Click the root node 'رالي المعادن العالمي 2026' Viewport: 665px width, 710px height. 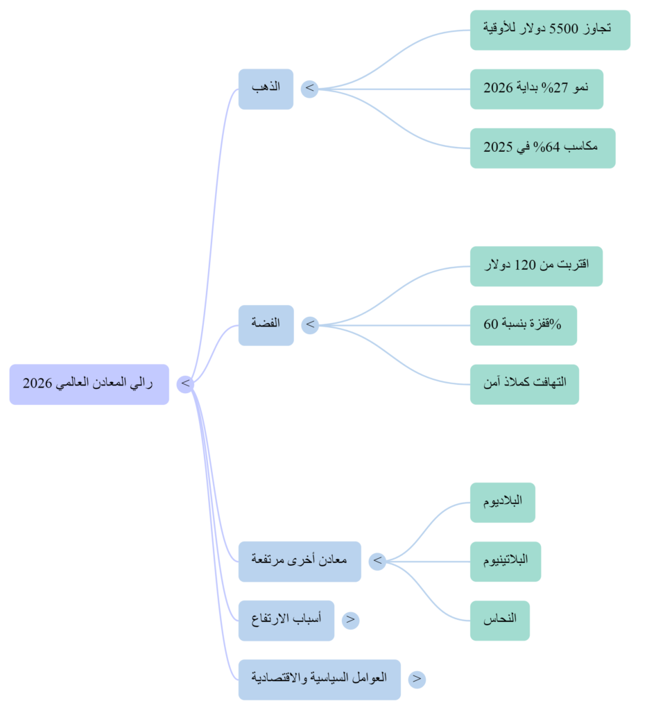89,383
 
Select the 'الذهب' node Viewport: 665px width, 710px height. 266,89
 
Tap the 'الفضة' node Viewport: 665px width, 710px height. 266,324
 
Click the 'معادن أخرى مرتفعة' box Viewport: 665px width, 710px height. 300,561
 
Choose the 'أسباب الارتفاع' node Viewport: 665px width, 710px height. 286,620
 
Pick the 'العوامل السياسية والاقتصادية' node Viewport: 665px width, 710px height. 319,679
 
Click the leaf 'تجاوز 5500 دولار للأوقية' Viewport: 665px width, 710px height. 549,30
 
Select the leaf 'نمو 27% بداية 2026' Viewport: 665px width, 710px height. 536,89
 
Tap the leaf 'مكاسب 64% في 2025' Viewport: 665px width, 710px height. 542,148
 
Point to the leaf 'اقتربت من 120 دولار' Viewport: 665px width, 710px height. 535,266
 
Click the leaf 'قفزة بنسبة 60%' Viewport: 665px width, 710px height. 523,324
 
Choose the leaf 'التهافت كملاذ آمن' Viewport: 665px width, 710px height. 524,383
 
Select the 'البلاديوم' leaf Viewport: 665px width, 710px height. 502,502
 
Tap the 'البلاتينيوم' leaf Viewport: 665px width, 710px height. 505,561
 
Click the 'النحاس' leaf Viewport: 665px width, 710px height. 499,620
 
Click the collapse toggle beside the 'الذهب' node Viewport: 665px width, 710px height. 310,89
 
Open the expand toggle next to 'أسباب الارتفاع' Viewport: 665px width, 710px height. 351,620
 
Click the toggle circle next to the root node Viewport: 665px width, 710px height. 185,383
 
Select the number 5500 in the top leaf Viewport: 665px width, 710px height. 563,29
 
